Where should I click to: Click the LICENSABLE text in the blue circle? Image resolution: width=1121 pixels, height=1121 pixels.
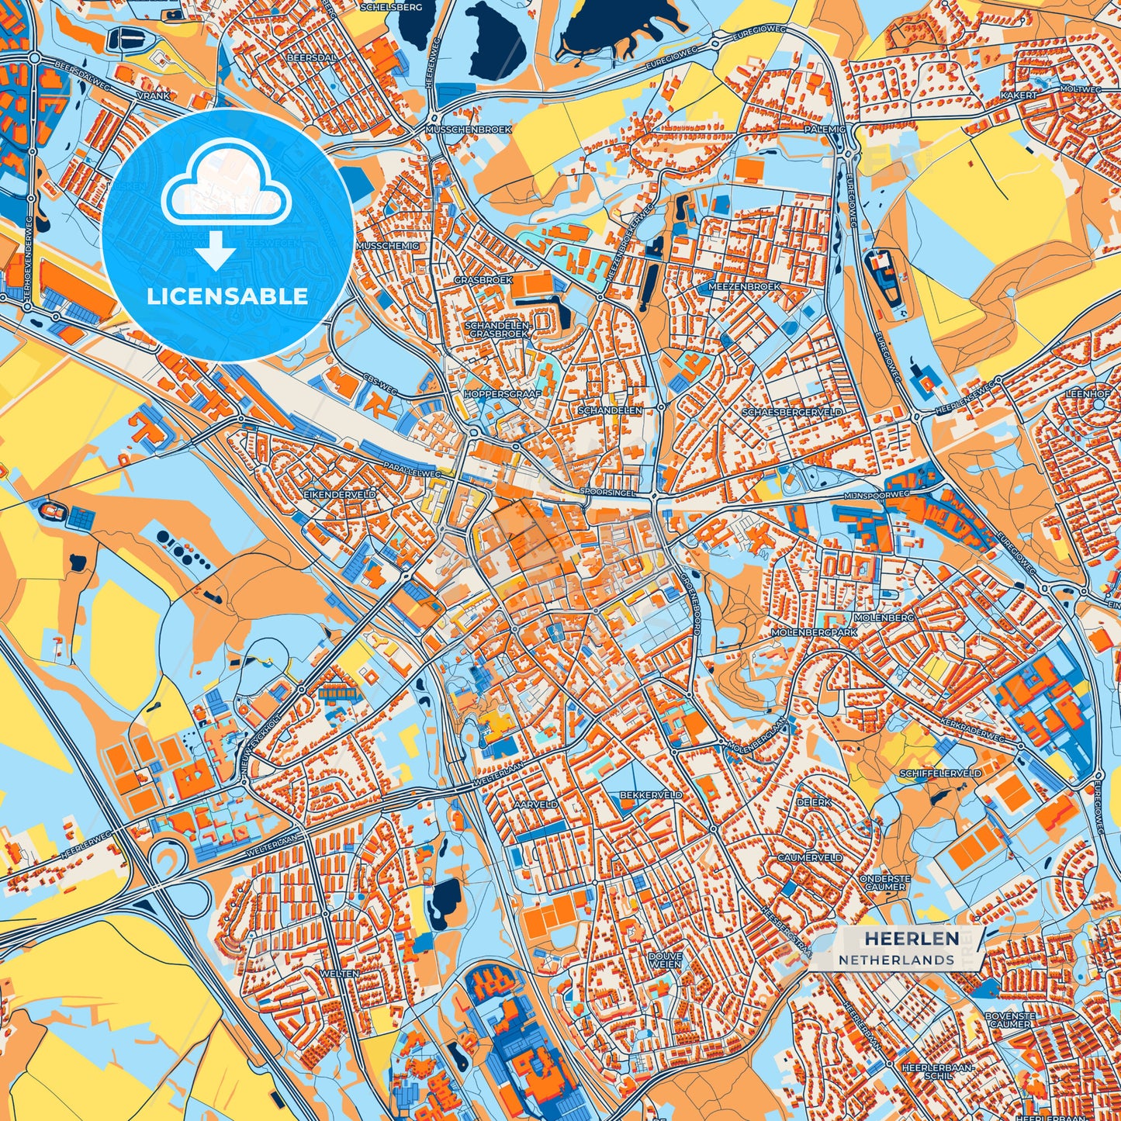(227, 296)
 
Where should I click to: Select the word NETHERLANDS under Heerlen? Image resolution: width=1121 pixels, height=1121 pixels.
(896, 960)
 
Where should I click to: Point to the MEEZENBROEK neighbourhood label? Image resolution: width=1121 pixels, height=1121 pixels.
(744, 287)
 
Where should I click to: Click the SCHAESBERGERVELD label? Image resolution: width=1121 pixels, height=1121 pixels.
(791, 413)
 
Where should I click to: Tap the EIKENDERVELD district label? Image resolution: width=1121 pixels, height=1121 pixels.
(340, 494)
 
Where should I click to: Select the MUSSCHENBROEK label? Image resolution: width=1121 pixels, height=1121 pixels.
(469, 130)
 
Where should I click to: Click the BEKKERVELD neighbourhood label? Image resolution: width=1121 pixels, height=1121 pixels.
(651, 795)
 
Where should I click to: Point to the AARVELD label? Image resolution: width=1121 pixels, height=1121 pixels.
(535, 805)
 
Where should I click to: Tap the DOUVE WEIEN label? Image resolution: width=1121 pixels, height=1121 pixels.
(665, 960)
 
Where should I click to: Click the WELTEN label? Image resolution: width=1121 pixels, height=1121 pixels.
(339, 973)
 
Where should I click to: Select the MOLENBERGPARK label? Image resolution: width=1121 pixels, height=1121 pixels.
(813, 633)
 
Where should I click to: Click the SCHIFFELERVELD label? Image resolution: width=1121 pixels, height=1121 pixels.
(940, 773)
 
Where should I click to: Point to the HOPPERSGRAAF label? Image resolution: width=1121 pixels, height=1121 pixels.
(502, 394)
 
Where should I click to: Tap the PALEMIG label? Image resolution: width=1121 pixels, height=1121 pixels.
(825, 130)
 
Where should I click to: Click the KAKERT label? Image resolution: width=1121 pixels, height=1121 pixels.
(1018, 95)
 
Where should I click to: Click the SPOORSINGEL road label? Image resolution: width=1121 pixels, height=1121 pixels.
(607, 492)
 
